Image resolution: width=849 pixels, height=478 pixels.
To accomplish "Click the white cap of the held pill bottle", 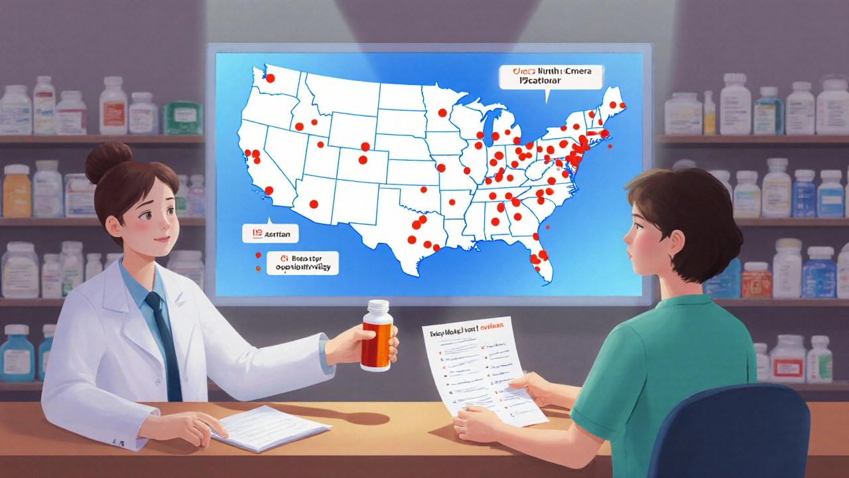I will click(x=377, y=308).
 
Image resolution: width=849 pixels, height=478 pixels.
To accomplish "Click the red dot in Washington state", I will click(x=271, y=77).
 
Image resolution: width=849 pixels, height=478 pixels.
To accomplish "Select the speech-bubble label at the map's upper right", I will click(x=551, y=78).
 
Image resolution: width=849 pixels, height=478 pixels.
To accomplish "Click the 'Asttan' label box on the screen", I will click(x=271, y=233).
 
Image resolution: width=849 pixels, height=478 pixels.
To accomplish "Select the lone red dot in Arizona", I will click(x=314, y=204).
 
